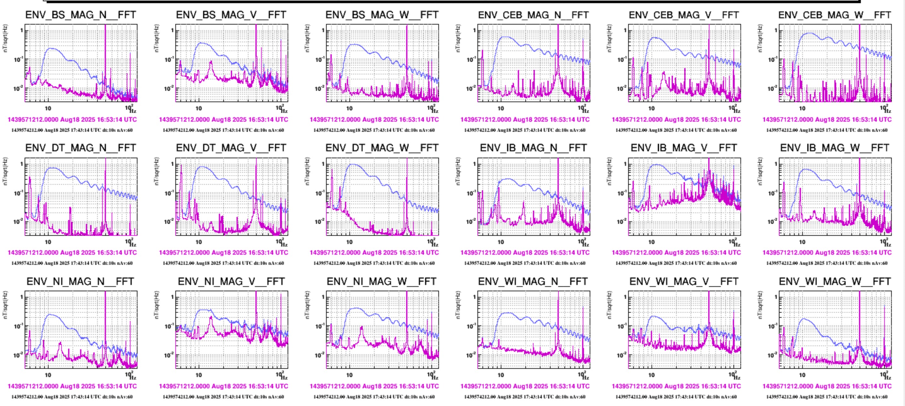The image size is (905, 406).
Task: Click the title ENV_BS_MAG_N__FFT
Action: coord(80,15)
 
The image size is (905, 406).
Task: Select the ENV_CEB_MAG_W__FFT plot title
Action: coord(834,15)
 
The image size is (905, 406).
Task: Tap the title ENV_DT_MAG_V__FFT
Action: coord(231,148)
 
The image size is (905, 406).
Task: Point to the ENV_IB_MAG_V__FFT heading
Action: coord(684,148)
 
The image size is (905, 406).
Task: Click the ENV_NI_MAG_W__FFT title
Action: coord(382,281)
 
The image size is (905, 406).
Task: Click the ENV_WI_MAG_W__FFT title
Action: coord(834,281)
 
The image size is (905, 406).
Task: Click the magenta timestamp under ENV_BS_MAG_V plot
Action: coord(224,120)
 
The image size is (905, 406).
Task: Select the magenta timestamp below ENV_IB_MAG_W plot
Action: coord(827,252)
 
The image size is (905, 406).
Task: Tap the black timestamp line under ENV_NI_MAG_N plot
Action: coord(72,397)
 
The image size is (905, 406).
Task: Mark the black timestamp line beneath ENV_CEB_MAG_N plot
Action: coord(525,130)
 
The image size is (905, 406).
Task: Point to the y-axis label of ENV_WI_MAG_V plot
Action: coord(609,305)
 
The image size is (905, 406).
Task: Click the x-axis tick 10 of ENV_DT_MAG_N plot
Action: coord(48,242)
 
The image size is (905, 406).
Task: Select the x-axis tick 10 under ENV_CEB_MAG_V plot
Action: coord(651,108)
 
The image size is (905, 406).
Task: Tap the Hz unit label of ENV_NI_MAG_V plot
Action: coord(284,378)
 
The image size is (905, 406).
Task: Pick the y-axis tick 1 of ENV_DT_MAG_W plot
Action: coord(323,164)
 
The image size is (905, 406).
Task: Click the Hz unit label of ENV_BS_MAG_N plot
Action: coord(133,111)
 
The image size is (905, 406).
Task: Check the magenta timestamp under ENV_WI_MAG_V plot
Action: coord(676,386)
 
